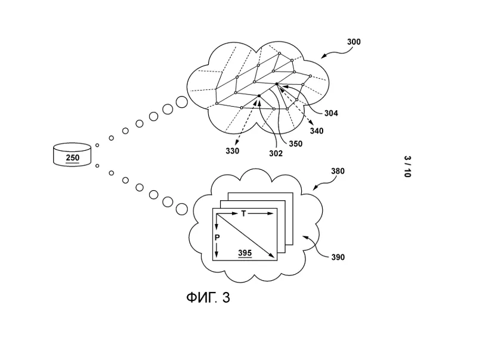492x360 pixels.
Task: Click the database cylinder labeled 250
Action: (72, 155)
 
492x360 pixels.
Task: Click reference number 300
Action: (354, 42)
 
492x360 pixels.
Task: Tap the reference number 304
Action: (331, 113)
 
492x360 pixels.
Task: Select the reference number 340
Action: (316, 131)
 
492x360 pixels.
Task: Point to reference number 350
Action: (295, 144)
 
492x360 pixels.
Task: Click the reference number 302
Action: (276, 153)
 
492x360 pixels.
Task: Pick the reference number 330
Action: (232, 151)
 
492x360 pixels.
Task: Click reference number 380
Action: (338, 171)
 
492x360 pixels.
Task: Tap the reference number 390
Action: (338, 257)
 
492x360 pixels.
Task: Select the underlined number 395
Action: (245, 253)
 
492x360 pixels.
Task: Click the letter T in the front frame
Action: (243, 213)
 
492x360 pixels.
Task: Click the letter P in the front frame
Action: (217, 237)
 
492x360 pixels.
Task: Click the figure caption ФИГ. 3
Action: (208, 297)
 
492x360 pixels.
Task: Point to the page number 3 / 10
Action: (407, 167)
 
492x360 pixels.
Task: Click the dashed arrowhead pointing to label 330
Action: (237, 142)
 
